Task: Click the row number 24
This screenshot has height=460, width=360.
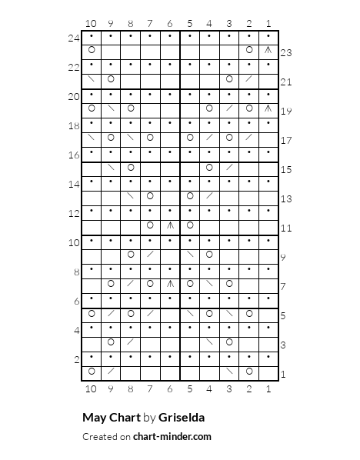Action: (74, 37)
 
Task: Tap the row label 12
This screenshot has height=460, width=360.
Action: (74, 213)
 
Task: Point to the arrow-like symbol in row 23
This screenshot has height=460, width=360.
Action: (268, 50)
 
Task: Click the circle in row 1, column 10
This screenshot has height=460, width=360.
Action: (92, 372)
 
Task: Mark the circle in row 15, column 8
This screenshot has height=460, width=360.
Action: (131, 167)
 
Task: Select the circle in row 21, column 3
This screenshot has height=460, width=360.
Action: (228, 79)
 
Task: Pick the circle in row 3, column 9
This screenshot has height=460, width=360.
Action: (111, 342)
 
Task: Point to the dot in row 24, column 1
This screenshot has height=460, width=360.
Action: (268, 35)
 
